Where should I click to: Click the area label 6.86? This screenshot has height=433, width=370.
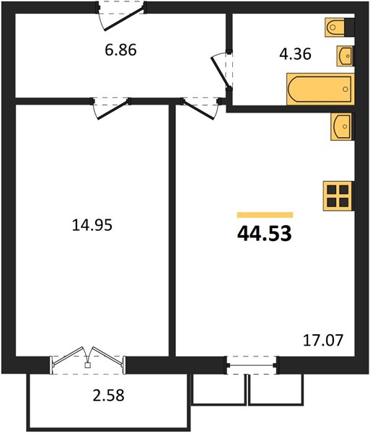(121, 51)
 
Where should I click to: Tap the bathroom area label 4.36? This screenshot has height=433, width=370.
(295, 54)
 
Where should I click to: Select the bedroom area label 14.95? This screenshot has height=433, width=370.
(92, 224)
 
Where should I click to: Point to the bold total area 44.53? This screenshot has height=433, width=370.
(264, 234)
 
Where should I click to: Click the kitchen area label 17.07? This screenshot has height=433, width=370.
(323, 340)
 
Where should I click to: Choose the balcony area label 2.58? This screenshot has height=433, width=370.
(108, 395)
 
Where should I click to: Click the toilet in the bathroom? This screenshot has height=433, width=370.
(335, 27)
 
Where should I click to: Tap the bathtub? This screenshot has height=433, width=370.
(321, 89)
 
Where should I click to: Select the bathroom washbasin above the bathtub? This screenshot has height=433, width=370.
(345, 56)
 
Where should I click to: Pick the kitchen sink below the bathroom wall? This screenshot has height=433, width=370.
(341, 126)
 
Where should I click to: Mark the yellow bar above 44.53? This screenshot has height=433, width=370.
(265, 215)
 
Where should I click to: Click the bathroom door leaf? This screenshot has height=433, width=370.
(220, 72)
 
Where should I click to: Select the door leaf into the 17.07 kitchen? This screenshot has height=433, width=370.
(198, 110)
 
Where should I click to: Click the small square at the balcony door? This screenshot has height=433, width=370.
(88, 365)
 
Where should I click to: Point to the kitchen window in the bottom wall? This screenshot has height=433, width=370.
(252, 365)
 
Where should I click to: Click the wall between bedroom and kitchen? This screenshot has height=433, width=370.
(172, 231)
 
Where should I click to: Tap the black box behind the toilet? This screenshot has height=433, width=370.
(350, 27)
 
